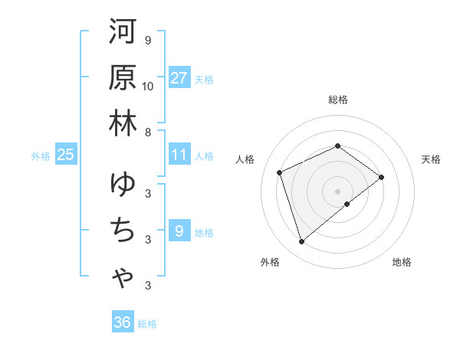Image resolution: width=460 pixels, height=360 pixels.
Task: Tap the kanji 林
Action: coord(123,123)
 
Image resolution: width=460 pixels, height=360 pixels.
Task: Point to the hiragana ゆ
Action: coord(123,185)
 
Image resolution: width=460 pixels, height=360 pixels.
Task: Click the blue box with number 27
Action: coord(179,77)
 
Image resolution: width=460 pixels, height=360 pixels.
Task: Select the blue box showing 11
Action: coord(179,155)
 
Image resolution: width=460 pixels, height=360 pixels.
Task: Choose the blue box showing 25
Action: coord(66,155)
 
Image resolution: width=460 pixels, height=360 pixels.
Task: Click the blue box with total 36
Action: coord(123,322)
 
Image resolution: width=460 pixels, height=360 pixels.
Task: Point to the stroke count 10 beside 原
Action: coord(148,86)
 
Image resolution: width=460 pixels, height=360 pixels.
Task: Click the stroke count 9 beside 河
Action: coord(148,40)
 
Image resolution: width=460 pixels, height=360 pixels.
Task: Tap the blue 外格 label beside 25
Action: coord(41,156)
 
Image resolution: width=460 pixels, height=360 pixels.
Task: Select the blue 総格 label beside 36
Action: coord(147,324)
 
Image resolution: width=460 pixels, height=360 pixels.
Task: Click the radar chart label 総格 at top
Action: coord(338,100)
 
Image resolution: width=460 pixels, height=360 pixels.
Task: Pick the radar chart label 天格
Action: coord(432,159)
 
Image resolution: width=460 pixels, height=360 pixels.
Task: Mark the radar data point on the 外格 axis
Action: coord(301,242)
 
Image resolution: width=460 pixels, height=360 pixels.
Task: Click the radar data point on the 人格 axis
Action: coord(281,172)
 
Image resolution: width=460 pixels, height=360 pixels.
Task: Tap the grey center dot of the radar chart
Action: coord(338,191)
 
